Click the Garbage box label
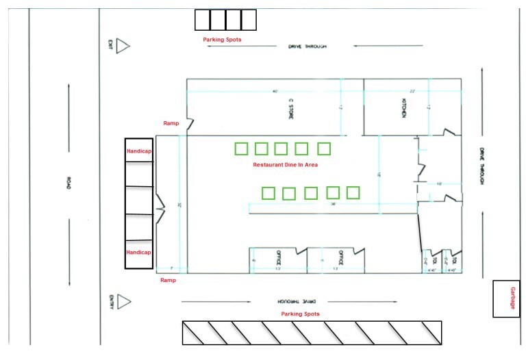click(x=511, y=298)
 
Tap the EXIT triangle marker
click(x=123, y=46)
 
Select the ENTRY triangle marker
click(x=123, y=302)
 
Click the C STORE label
click(x=290, y=108)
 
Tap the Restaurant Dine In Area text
click(x=286, y=164)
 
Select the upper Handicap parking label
click(x=138, y=151)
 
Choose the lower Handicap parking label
click(x=138, y=252)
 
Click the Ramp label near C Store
click(x=171, y=123)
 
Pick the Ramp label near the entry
click(x=168, y=280)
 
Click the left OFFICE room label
click(x=279, y=258)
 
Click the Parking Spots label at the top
click(x=222, y=40)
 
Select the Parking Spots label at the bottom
click(x=300, y=313)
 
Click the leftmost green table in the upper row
click(x=241, y=149)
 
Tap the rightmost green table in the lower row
click(x=353, y=192)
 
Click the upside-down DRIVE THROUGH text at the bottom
click(x=299, y=301)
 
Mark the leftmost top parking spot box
click(x=202, y=20)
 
